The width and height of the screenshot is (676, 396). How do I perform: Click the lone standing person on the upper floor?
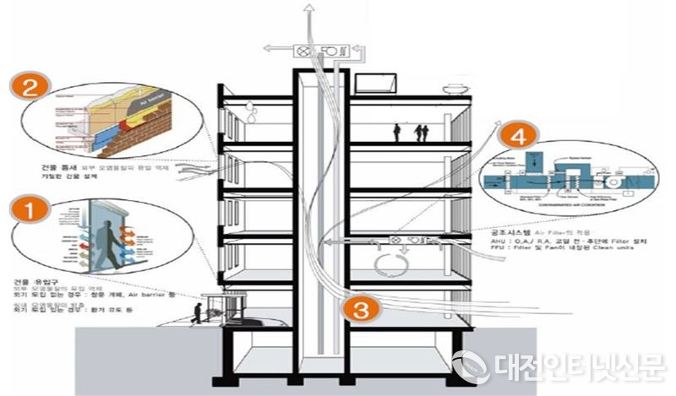click(396, 132)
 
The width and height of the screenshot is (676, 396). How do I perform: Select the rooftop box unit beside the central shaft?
click(372, 82)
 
